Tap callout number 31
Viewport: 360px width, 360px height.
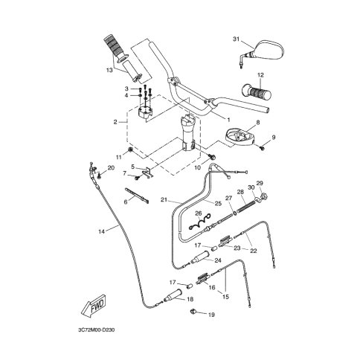coord(237,39)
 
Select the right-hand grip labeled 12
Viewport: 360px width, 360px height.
coord(257,93)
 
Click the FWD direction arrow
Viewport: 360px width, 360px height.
coord(94,305)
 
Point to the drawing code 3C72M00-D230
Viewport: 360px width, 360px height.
coord(97,330)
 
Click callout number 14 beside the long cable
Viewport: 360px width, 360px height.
coord(101,231)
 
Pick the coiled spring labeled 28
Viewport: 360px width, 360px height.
coord(246,206)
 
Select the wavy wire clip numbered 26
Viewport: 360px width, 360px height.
coord(199,221)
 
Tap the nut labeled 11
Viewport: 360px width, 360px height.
coord(130,150)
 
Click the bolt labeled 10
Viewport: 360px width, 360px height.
coord(212,156)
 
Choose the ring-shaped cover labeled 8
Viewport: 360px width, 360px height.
coord(240,137)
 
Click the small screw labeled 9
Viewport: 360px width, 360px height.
coord(262,147)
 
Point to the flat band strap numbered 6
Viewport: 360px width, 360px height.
coord(137,196)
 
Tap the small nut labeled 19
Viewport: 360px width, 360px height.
coord(193,311)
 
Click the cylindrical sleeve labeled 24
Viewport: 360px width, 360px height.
coord(199,257)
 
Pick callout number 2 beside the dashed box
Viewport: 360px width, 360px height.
coord(115,122)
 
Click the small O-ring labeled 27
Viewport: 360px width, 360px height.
coord(234,212)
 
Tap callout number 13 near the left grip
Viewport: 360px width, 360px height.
coord(109,70)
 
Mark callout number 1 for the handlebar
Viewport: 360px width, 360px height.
coord(228,120)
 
